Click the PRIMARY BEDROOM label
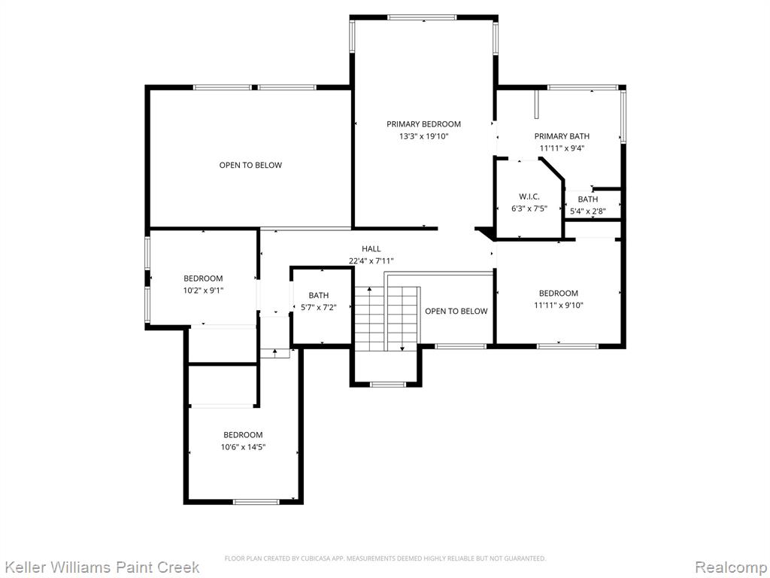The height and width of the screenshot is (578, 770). click(423, 124)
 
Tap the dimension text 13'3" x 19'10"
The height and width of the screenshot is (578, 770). click(423, 137)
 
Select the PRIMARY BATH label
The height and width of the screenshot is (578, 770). click(562, 136)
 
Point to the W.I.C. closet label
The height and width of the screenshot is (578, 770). click(529, 196)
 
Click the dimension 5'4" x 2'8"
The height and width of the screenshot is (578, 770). click(588, 211)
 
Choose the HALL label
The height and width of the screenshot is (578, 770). click(371, 249)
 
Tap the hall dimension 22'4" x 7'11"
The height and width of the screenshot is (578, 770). click(371, 261)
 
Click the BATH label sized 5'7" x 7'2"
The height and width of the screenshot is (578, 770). click(319, 295)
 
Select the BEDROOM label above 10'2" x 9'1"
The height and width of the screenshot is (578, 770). click(203, 278)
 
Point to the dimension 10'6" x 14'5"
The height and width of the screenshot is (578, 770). click(243, 447)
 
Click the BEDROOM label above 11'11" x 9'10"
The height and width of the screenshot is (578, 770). click(559, 294)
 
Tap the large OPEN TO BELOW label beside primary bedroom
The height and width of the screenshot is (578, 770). click(250, 165)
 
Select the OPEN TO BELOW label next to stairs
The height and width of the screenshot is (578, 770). click(456, 311)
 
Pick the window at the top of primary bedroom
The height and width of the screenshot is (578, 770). click(423, 18)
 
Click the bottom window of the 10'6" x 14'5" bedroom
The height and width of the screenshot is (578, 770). click(256, 502)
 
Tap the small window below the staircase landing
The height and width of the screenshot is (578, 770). click(388, 385)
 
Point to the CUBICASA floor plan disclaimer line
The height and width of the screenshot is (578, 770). click(385, 558)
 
